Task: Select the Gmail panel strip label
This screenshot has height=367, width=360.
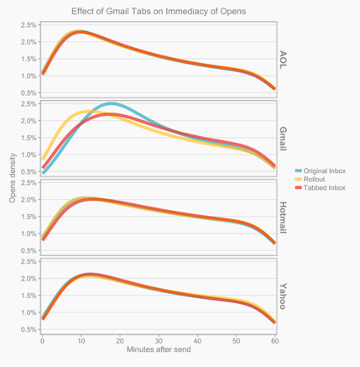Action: point(283,138)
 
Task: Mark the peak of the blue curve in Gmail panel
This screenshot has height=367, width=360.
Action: point(112,104)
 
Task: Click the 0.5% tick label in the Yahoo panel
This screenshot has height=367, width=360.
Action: point(27,329)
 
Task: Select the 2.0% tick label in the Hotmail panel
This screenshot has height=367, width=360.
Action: point(27,200)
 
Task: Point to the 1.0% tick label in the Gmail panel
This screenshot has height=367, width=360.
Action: point(27,155)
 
